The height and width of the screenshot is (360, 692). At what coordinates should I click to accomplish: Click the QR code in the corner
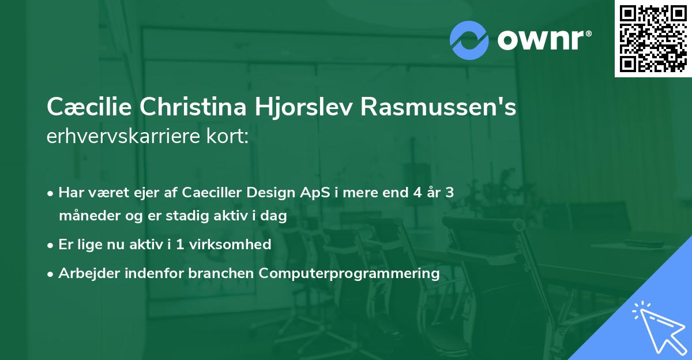coord(653,39)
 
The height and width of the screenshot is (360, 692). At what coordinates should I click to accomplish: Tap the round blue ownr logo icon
coord(469,39)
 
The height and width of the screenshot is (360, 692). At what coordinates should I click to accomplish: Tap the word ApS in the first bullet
coord(314,193)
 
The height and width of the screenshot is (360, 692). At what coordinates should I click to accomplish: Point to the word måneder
coord(85,216)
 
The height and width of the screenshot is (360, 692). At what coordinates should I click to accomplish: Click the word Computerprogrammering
coord(349,273)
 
